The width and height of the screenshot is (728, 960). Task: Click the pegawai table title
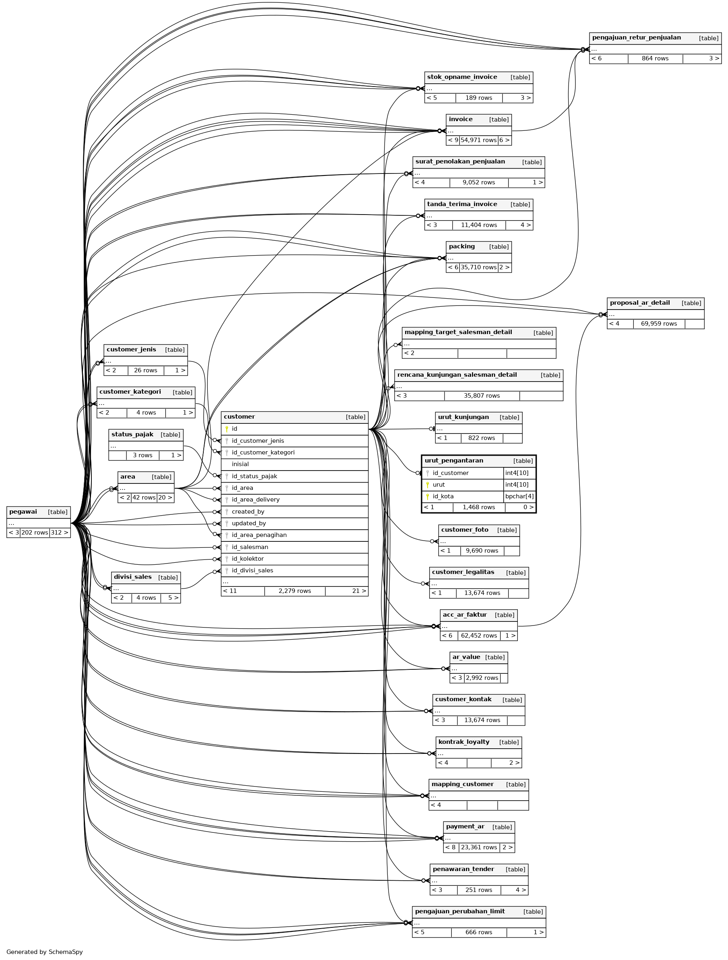tap(23, 512)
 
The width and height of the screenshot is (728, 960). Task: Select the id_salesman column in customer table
tap(250, 547)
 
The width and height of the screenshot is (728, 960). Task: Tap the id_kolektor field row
tap(248, 559)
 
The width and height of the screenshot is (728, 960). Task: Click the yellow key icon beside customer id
tap(227, 429)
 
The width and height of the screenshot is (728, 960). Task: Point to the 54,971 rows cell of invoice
tap(478, 140)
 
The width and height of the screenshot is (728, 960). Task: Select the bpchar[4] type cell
tap(519, 496)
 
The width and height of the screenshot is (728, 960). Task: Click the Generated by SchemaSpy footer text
tap(44, 952)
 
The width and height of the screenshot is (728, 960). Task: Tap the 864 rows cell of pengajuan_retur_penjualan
tap(655, 59)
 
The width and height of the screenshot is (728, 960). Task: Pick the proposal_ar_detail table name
tap(639, 303)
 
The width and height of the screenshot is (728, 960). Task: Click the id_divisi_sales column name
tap(252, 570)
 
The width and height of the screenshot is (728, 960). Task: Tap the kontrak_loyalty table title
tap(463, 742)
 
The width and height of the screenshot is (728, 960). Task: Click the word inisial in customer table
tap(240, 464)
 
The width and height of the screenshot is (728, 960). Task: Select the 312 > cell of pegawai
tap(60, 533)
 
